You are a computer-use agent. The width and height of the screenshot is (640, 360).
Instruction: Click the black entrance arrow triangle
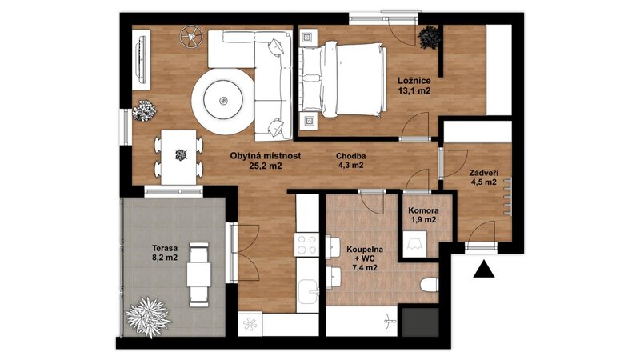(x=484, y=270)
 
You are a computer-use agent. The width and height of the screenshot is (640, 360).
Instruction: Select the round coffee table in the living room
(x=223, y=101)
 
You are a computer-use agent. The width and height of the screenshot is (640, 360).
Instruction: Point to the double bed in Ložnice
(x=343, y=79)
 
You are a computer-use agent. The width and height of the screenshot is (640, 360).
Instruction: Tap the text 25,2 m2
(x=266, y=166)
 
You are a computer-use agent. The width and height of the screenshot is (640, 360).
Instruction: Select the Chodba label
(x=350, y=156)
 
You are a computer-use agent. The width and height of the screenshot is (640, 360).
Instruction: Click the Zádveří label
(x=483, y=173)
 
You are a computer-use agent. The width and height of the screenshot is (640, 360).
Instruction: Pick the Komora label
(x=423, y=210)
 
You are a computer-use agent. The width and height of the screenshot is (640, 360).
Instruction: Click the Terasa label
(x=165, y=248)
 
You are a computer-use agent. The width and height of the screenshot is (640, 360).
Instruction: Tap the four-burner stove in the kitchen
(x=307, y=245)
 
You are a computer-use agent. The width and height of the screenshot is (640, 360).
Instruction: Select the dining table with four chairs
(x=178, y=157)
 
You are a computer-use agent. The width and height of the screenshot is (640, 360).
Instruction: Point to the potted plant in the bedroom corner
(x=430, y=38)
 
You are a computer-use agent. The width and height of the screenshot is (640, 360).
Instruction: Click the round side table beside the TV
(x=190, y=34)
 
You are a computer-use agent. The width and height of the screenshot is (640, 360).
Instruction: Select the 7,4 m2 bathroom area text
(x=365, y=268)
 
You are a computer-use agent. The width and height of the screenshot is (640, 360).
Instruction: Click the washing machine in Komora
(x=414, y=244)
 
